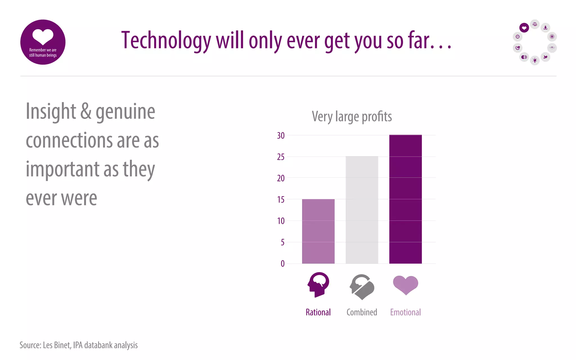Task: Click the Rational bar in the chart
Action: (x=318, y=231)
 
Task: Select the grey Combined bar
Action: (x=362, y=210)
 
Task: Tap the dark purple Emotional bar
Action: (x=405, y=199)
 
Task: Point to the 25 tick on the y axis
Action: (x=281, y=157)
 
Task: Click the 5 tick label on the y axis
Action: (x=282, y=242)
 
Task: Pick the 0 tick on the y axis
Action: (x=282, y=264)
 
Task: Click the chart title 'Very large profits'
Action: (x=352, y=117)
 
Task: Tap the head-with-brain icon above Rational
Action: (x=318, y=284)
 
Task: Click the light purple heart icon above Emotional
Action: (x=406, y=285)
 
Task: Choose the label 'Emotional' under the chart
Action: (x=405, y=312)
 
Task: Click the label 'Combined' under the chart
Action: (x=362, y=312)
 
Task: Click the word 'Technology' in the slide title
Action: (x=166, y=41)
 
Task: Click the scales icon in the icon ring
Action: (x=535, y=24)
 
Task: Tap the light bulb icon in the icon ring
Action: (x=535, y=60)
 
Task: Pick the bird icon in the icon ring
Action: (x=545, y=57)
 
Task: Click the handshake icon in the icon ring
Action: (x=517, y=48)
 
